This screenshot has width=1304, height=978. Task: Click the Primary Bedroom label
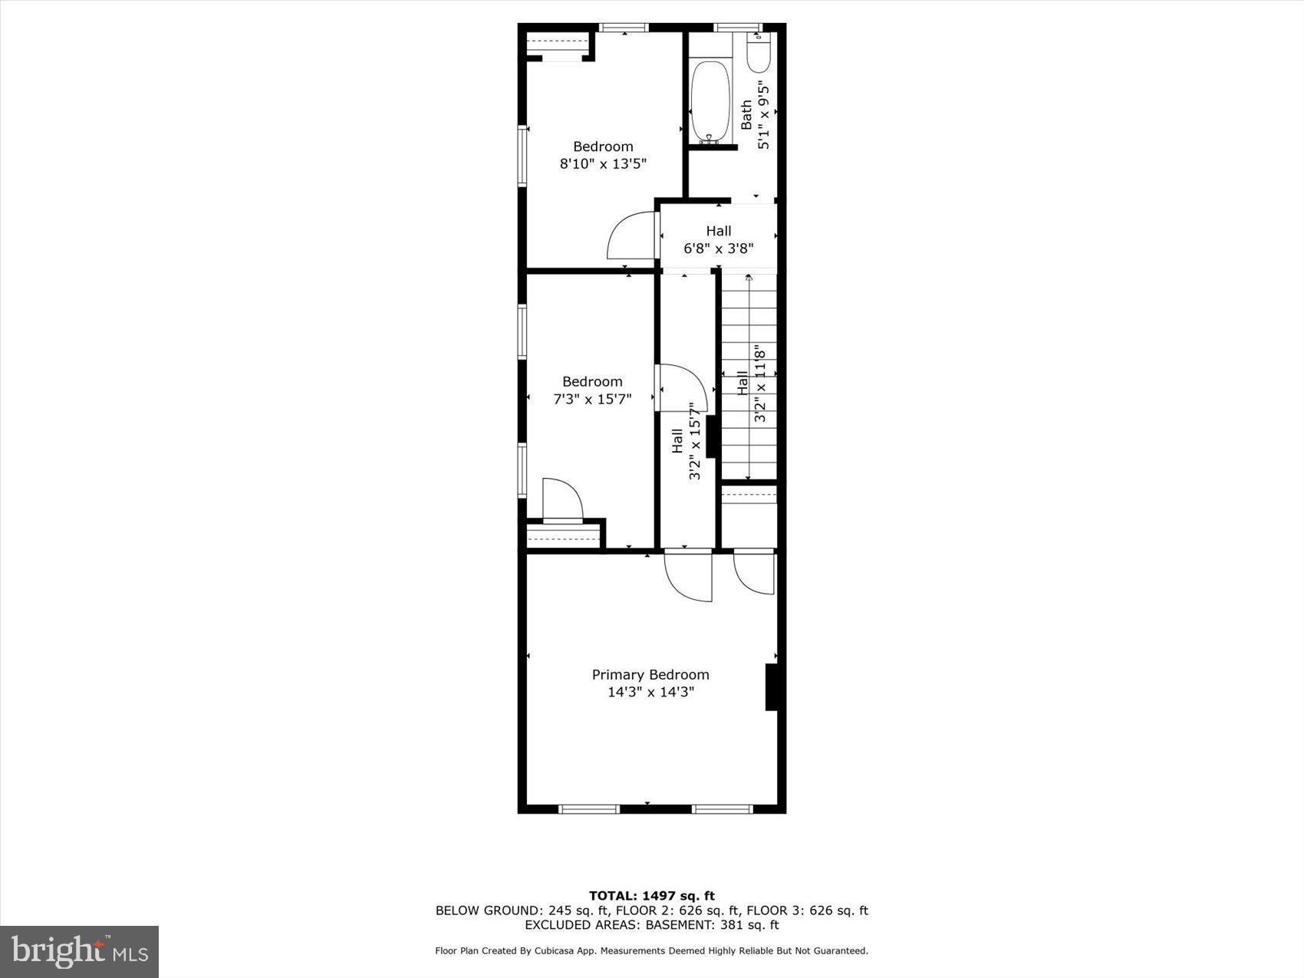coord(650,674)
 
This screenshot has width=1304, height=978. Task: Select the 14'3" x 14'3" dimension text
coord(650,692)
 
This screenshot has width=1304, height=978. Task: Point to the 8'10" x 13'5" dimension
coord(603,163)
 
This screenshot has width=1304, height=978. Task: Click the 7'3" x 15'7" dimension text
coord(592,399)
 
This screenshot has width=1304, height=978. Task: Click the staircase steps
coord(748,376)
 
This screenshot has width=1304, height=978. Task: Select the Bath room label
coord(746,115)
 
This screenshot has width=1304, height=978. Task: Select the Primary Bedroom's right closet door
coord(754,572)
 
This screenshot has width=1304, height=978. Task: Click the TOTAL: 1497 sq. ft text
coord(651,895)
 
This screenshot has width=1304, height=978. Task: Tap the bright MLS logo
coord(80,951)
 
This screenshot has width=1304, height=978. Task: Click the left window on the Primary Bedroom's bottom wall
coord(588,808)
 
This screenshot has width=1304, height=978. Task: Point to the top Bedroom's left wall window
coord(522,156)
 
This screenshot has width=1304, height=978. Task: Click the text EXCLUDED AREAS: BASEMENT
coord(651,925)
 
